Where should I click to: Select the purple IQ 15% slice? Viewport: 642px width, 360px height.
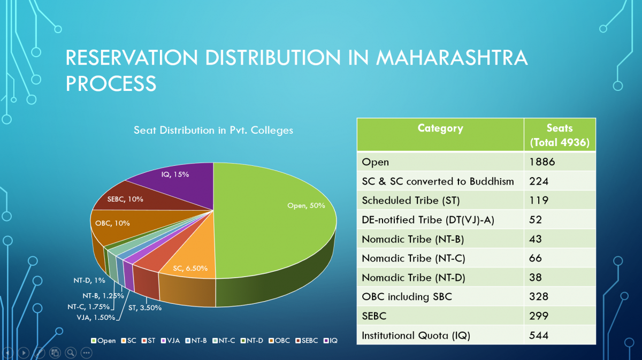click(182, 179)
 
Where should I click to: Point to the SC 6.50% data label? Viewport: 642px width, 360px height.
click(190, 268)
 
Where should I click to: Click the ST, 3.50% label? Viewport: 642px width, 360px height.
click(144, 308)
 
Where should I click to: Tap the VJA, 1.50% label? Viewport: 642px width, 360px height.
click(96, 317)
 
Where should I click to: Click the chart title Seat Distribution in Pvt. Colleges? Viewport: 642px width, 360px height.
click(213, 130)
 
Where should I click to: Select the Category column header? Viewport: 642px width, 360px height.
click(440, 128)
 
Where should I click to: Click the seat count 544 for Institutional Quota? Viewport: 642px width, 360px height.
click(539, 336)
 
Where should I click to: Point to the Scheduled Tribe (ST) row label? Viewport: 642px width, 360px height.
click(410, 201)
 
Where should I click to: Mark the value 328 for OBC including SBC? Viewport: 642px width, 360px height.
click(539, 297)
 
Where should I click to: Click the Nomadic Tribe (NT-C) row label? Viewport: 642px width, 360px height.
click(413, 258)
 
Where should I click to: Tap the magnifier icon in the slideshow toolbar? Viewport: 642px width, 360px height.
click(70, 353)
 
